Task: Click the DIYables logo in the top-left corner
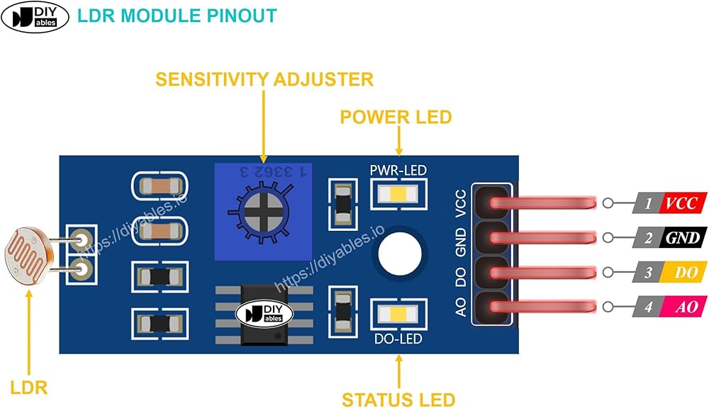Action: click(35, 18)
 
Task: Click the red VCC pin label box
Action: click(682, 204)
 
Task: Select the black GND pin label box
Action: click(682, 238)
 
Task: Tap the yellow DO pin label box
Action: click(682, 273)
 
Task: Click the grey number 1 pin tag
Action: click(647, 204)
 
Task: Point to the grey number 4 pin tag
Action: click(647, 307)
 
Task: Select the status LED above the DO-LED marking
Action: click(396, 314)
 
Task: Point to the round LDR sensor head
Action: click(28, 256)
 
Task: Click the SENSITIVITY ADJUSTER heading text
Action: click(264, 79)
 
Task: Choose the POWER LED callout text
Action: click(396, 117)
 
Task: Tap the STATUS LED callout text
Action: click(398, 399)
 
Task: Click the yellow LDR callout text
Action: click(28, 387)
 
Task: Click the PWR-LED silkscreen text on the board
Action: click(398, 170)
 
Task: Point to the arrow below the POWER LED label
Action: click(398, 141)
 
